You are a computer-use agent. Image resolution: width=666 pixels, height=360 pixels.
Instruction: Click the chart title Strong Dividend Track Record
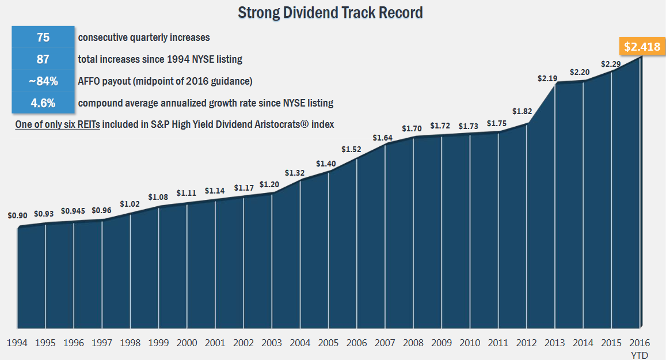click(x=330, y=12)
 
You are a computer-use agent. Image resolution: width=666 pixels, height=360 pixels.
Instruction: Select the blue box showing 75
click(x=43, y=37)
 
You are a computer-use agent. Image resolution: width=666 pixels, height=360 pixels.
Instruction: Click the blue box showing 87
click(x=43, y=59)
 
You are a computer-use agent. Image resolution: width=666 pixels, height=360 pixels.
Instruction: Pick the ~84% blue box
click(x=43, y=81)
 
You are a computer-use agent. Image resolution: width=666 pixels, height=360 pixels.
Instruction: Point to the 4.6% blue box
click(x=43, y=103)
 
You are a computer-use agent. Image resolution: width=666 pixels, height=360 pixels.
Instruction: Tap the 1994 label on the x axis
click(x=17, y=343)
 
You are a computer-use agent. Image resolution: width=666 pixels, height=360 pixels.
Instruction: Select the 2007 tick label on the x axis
click(x=385, y=343)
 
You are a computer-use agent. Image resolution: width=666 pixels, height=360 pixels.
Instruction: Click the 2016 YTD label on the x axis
click(x=640, y=348)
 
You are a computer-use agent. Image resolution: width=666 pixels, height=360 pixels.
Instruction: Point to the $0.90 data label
click(x=17, y=216)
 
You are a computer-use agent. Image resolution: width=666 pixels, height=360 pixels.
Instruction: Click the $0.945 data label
click(x=73, y=211)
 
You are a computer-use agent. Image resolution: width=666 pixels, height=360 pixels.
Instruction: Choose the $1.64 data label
click(x=383, y=138)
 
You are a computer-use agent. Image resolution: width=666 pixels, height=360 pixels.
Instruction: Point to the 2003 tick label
click(x=272, y=343)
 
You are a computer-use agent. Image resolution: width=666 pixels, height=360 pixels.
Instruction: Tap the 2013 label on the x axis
click(x=554, y=343)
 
